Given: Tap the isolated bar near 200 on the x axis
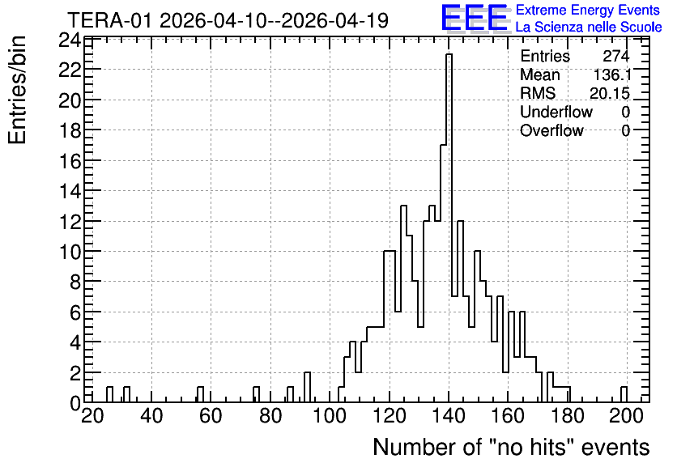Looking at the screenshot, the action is tap(624, 394).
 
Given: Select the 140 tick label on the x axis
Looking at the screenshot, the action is tap(449, 416).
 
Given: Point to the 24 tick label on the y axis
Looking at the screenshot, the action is tap(70, 40).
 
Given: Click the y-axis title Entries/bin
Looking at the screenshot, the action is tap(17, 90).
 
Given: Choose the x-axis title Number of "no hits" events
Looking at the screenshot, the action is tap(511, 447).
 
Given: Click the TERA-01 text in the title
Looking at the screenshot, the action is tap(109, 20).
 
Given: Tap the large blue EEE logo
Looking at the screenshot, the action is tap(475, 18).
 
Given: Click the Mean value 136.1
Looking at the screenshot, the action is tap(612, 74).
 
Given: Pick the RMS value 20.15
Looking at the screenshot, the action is tap(610, 93).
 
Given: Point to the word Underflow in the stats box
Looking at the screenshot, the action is tap(556, 112).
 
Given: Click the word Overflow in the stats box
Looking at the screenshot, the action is tap(551, 130).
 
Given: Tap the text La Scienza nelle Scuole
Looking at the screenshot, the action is tap(589, 28).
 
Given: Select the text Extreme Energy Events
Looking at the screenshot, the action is tap(588, 10).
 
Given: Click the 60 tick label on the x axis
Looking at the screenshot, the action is tap(211, 416).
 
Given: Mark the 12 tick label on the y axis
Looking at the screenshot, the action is tap(70, 221).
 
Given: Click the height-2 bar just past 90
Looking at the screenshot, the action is tap(307, 387).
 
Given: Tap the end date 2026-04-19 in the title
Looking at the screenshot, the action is tap(335, 20).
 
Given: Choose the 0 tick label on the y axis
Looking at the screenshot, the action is tap(75, 403).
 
